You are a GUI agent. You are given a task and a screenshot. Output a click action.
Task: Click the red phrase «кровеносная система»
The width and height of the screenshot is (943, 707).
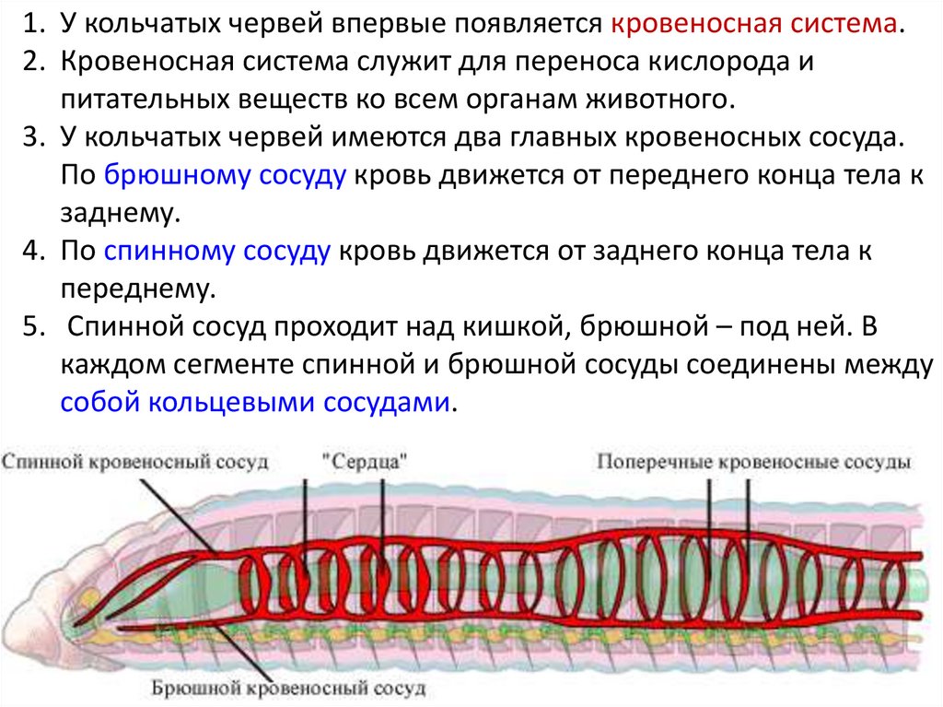(754, 24)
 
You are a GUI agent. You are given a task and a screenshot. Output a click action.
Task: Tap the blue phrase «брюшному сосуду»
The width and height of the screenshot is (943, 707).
(226, 175)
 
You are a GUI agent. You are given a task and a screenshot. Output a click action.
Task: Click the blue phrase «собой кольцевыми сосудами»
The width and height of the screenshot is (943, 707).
(257, 403)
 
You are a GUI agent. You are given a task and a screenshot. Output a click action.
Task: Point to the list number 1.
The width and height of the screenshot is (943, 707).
(30, 24)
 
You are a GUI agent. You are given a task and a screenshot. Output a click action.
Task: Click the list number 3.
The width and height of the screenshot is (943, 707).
(30, 137)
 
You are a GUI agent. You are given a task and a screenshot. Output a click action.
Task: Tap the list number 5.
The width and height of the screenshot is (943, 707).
(30, 327)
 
